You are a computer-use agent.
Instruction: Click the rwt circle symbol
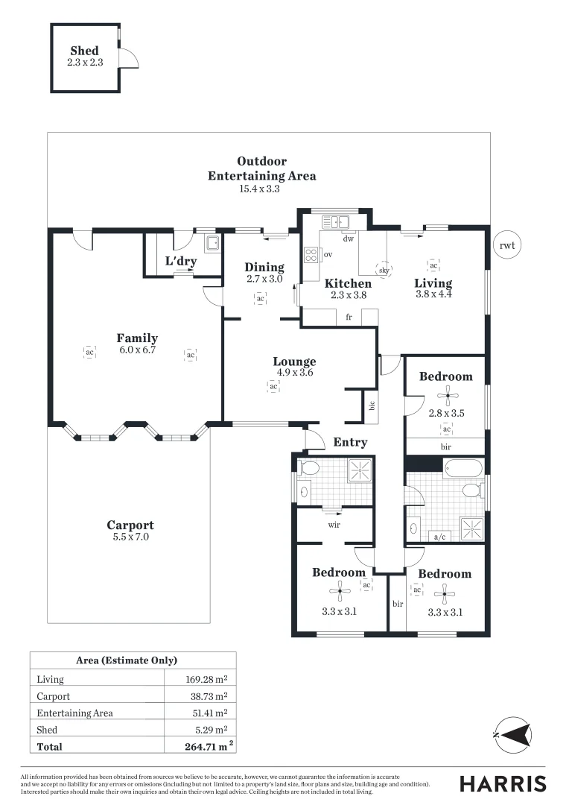507,244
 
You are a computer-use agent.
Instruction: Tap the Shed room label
84,51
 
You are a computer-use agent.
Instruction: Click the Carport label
130,525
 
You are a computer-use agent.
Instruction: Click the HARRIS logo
503,783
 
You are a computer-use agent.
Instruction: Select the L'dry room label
179,262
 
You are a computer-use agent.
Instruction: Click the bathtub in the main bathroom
462,468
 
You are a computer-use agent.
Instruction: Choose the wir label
334,524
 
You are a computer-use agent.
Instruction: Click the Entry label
350,442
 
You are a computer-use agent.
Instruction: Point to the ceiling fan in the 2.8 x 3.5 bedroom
447,394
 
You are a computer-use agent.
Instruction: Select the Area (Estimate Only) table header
127,660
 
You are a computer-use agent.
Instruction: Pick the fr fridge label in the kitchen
348,317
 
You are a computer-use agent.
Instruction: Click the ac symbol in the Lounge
273,386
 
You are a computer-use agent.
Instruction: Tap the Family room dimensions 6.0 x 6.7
137,350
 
